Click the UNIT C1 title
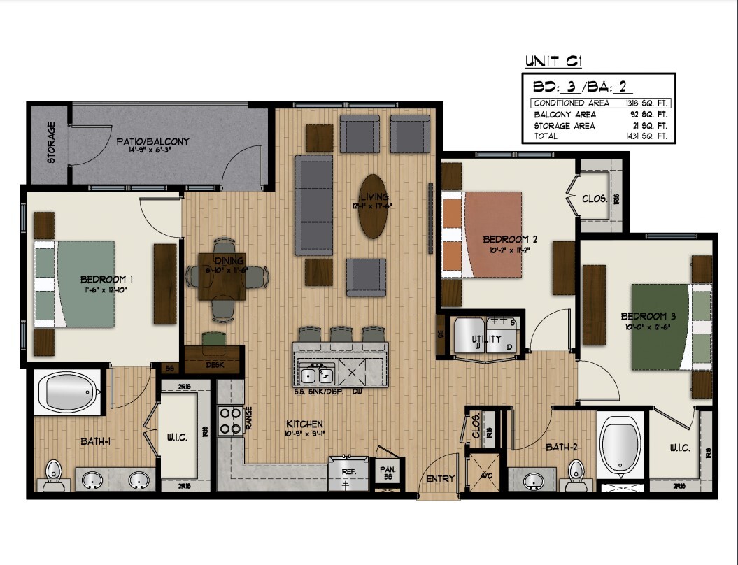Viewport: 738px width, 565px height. (553, 62)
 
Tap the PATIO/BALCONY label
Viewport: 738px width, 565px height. (152, 142)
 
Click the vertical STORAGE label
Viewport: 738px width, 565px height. (51, 143)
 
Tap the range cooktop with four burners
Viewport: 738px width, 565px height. (230, 420)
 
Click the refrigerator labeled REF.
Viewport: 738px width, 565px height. (349, 473)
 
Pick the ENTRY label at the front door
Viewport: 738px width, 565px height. (440, 479)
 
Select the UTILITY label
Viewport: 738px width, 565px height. (486, 339)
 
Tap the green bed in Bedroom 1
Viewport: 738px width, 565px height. (75, 283)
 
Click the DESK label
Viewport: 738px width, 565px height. (214, 365)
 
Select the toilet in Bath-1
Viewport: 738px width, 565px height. (54, 474)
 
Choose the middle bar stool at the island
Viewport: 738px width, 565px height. (341, 334)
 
